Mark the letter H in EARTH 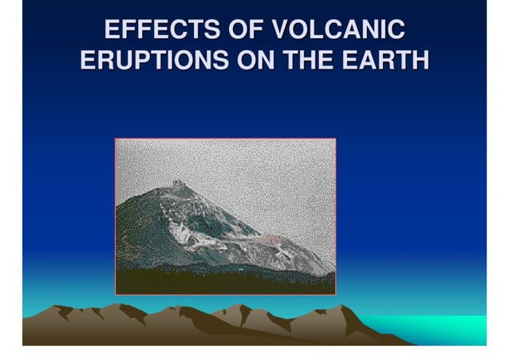[x=419, y=61]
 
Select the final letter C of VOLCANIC [x=396, y=31]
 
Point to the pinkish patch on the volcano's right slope [x=270, y=239]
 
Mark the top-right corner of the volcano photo [x=335, y=140]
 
